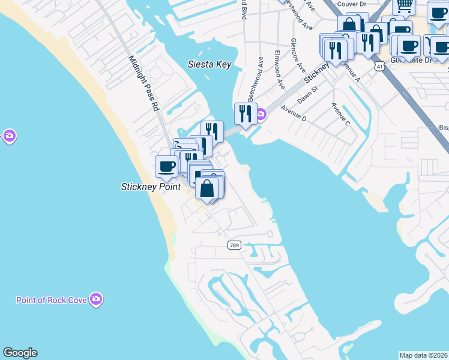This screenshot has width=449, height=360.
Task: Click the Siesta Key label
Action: pyautogui.click(x=209, y=64)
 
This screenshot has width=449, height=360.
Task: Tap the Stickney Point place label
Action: pyautogui.click(x=151, y=187)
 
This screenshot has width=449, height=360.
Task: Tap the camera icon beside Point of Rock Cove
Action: pyautogui.click(x=96, y=299)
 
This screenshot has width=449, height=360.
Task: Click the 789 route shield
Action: pyautogui.click(x=235, y=245)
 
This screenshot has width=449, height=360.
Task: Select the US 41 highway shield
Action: pyautogui.click(x=379, y=67)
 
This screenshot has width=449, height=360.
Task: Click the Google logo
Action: pyautogui.click(x=20, y=353)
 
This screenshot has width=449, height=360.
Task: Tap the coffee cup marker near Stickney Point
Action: pyautogui.click(x=166, y=166)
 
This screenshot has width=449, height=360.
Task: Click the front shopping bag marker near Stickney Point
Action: pyautogui.click(x=206, y=187)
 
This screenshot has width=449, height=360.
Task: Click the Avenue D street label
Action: pyautogui.click(x=293, y=114)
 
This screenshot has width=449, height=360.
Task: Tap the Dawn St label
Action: pyautogui.click(x=307, y=93)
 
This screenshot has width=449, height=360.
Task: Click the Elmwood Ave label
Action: pyautogui.click(x=279, y=71)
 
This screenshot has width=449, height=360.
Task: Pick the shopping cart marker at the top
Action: pyautogui.click(x=404, y=5)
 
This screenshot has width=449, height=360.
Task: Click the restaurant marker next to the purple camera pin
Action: pyautogui.click(x=245, y=112)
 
